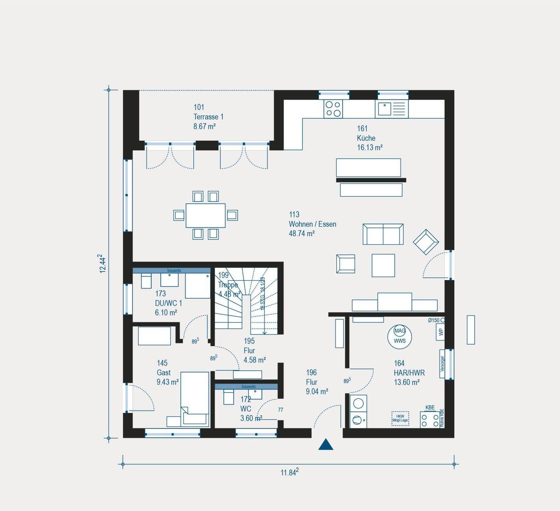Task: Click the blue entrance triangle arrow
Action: click(325, 445)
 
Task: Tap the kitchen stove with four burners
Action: click(333, 109)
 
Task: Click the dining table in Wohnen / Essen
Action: click(205, 215)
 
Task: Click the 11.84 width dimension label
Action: click(289, 472)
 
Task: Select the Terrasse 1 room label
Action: click(208, 117)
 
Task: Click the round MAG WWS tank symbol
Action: click(399, 336)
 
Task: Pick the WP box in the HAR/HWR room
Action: click(441, 332)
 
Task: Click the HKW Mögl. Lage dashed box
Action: click(400, 418)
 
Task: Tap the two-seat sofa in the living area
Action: click(383, 234)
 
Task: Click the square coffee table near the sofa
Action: click(383, 265)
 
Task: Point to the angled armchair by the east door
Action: click(426, 241)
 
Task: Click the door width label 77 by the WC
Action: click(280, 410)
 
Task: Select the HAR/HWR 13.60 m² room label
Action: click(409, 373)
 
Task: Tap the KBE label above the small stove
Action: click(430, 408)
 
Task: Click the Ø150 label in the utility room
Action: click(434, 320)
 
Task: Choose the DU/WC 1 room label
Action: click(168, 303)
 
